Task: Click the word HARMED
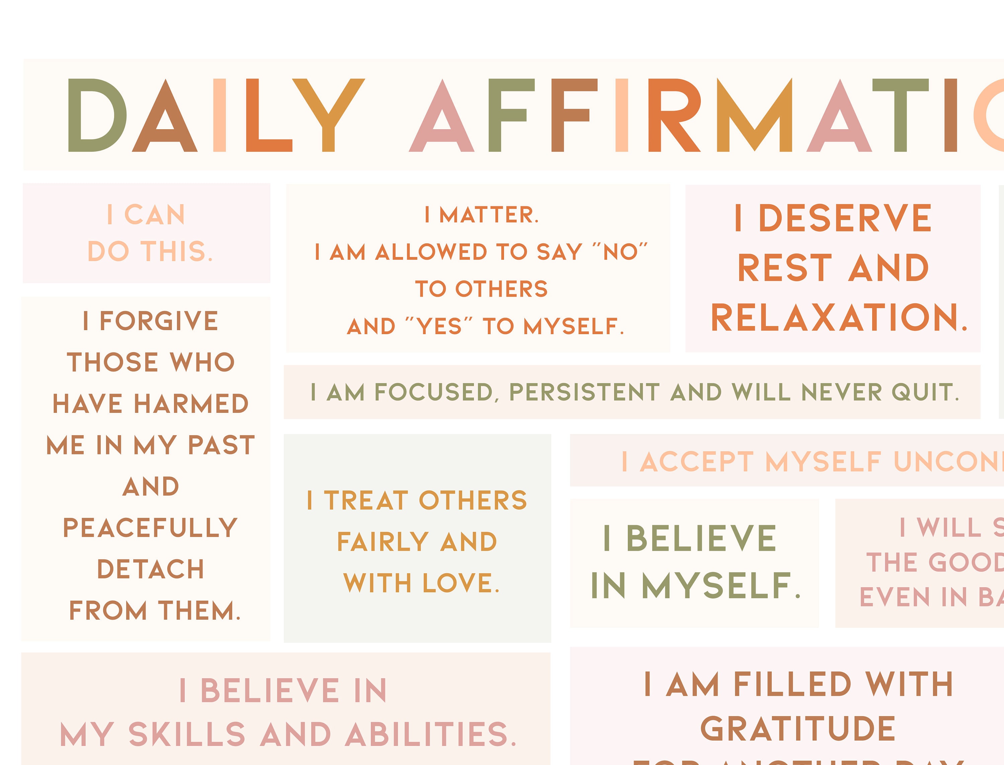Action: point(191,404)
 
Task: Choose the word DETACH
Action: point(150,569)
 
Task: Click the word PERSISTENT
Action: point(584,392)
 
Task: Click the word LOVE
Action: point(461,583)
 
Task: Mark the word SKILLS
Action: point(187,734)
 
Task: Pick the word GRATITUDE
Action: point(798,729)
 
